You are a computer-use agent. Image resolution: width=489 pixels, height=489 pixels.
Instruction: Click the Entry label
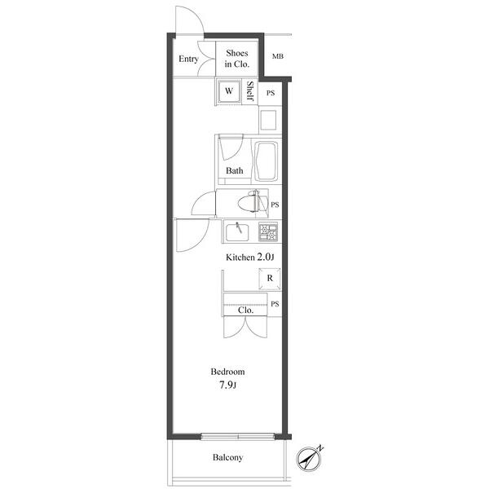(x=189, y=59)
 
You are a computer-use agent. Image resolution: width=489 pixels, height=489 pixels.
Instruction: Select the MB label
(x=277, y=57)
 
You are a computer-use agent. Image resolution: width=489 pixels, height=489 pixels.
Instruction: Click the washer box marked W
(x=230, y=92)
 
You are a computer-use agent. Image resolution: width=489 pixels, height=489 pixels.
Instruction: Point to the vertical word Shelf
(x=250, y=92)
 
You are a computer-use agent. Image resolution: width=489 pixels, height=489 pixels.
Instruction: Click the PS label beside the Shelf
(x=270, y=93)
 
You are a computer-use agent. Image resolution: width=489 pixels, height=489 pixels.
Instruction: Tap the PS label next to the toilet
(x=275, y=205)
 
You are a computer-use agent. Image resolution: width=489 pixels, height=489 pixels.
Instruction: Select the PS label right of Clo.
(x=275, y=304)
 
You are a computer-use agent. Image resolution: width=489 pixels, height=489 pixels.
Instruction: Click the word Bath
(x=235, y=171)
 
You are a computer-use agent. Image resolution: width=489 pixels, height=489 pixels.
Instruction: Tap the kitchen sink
(x=238, y=231)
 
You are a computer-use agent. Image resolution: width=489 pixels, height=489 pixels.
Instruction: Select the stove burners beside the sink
(x=268, y=231)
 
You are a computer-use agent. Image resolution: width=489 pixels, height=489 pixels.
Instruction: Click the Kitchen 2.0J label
(x=250, y=258)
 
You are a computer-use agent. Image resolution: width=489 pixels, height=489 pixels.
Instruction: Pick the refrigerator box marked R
(x=269, y=278)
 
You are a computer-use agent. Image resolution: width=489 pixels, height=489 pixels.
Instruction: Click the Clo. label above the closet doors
(x=245, y=310)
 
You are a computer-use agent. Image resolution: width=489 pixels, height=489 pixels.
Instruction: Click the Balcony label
(x=228, y=457)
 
